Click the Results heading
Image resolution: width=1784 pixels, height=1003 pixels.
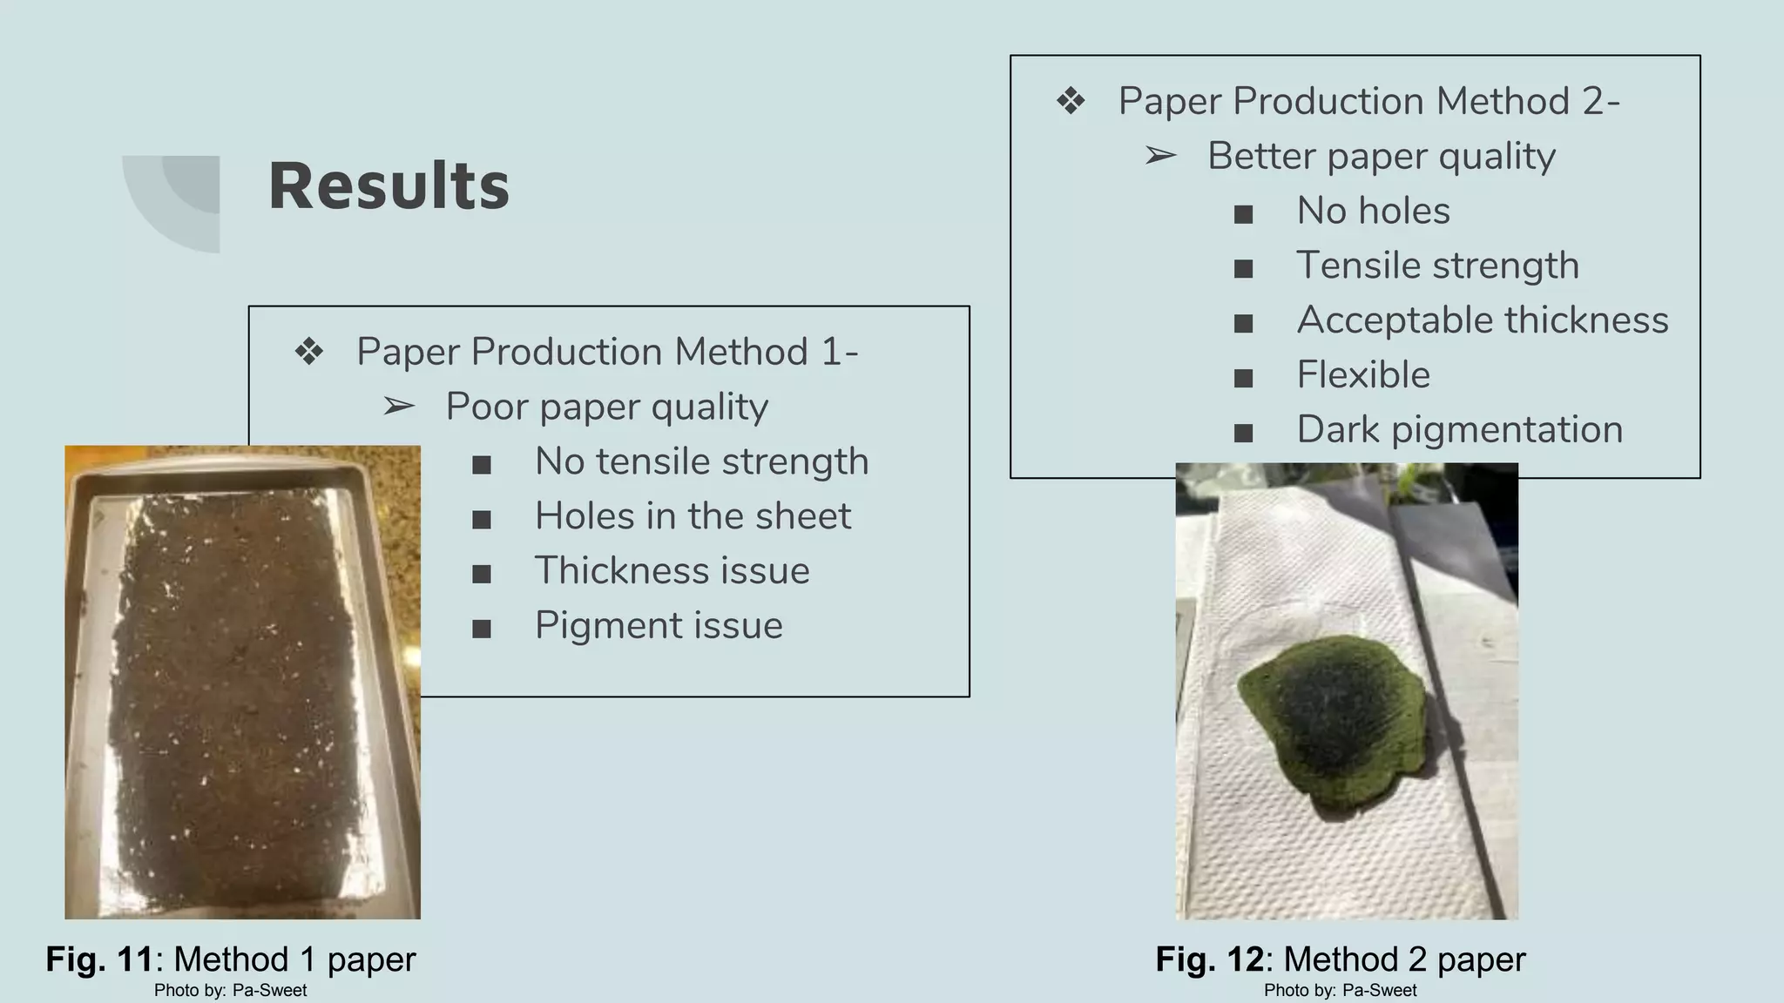pos(389,186)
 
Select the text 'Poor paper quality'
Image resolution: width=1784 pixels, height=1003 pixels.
pos(606,407)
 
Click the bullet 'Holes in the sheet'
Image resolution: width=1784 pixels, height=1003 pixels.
pos(693,516)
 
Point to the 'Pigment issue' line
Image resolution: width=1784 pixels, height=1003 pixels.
pos(659,626)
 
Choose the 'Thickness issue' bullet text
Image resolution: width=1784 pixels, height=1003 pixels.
pos(672,571)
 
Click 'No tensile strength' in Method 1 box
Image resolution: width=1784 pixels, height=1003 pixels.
pos(701,461)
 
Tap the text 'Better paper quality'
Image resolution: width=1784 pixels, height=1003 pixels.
pos(1381,157)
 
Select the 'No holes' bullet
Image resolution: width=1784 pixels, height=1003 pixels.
pos(1373,212)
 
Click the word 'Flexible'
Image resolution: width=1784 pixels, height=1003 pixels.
pos(1362,375)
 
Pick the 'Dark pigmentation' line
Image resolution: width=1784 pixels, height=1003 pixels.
pos(1459,430)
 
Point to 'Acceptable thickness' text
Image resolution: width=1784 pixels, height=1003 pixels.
pos(1482,320)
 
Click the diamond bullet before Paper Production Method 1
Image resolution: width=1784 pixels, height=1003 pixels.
pos(309,353)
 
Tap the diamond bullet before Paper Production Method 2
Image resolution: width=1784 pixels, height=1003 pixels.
pos(1071,102)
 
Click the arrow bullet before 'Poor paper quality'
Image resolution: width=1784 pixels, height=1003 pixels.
pos(399,407)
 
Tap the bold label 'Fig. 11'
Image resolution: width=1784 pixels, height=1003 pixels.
pos(99,959)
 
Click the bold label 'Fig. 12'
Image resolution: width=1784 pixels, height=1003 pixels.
pos(1209,959)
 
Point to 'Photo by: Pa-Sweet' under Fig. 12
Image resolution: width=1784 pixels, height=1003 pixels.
pos(1340,991)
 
